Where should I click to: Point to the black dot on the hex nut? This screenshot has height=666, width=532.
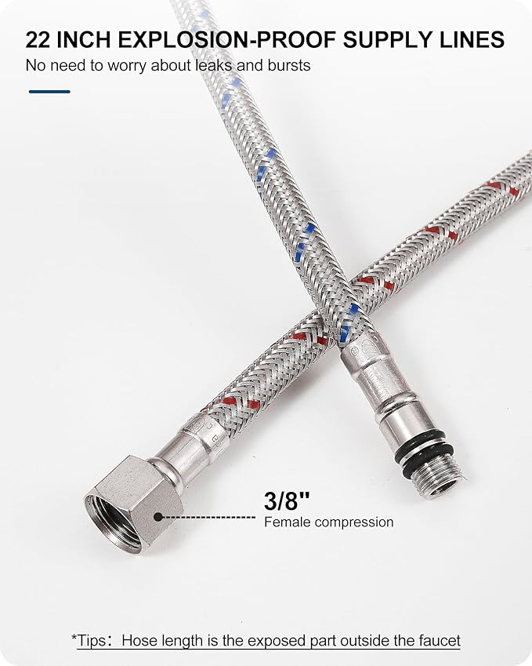[158, 517]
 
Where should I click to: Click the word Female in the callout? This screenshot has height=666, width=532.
[288, 522]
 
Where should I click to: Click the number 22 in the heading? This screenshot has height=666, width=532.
[38, 40]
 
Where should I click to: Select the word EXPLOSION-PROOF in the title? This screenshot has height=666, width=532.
[227, 40]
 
